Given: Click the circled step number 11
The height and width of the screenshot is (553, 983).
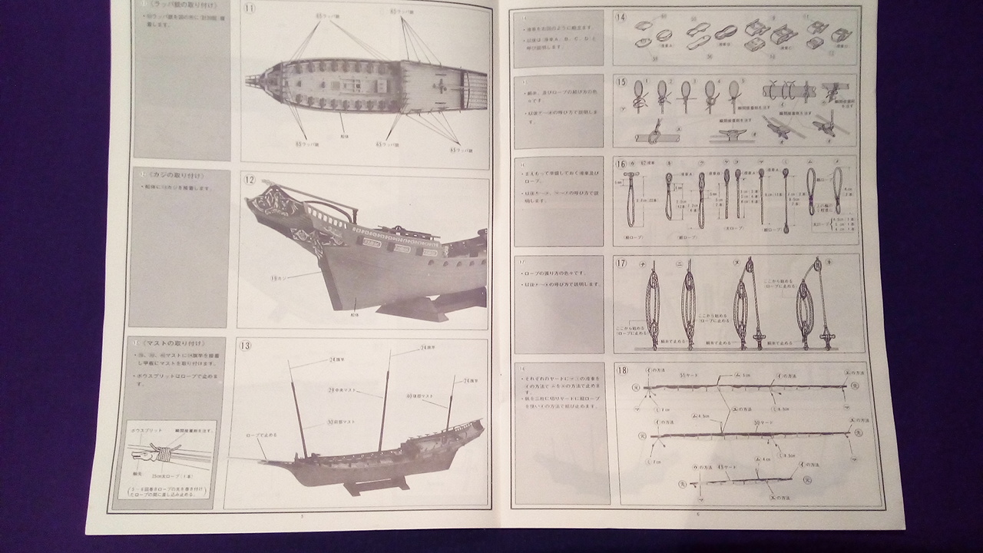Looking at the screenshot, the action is (x=250, y=8).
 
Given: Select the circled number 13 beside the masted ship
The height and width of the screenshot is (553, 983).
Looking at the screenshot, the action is (x=245, y=346).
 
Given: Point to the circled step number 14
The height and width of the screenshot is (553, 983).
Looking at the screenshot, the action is (x=621, y=17).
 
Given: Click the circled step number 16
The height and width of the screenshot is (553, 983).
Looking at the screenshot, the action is (x=621, y=163).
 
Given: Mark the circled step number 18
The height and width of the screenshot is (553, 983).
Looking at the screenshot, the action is (x=621, y=370).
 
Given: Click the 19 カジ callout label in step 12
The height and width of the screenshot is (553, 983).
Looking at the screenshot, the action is (x=283, y=278).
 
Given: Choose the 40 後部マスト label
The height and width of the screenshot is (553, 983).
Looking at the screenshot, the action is (x=419, y=396).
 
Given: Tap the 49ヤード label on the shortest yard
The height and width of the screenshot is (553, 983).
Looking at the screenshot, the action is (x=708, y=466).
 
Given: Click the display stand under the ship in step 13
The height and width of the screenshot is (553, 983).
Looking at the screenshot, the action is (x=376, y=485).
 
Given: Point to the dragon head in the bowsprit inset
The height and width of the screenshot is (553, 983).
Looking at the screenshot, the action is (x=138, y=453).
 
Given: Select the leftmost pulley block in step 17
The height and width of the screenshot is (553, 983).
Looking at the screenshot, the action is (x=652, y=306).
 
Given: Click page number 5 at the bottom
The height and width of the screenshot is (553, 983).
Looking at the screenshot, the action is (x=302, y=516).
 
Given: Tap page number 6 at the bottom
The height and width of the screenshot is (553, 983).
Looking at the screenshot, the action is (x=697, y=513).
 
